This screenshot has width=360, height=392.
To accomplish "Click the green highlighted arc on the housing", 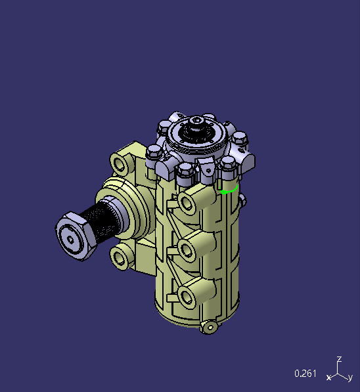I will point(229,191).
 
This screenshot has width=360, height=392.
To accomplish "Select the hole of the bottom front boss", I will point(187,297).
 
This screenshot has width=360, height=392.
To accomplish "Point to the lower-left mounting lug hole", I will point(119,255).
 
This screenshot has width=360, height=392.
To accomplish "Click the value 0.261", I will point(305,374).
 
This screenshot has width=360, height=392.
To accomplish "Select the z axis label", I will point(339,359).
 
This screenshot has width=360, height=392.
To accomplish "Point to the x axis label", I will point(328,378).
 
